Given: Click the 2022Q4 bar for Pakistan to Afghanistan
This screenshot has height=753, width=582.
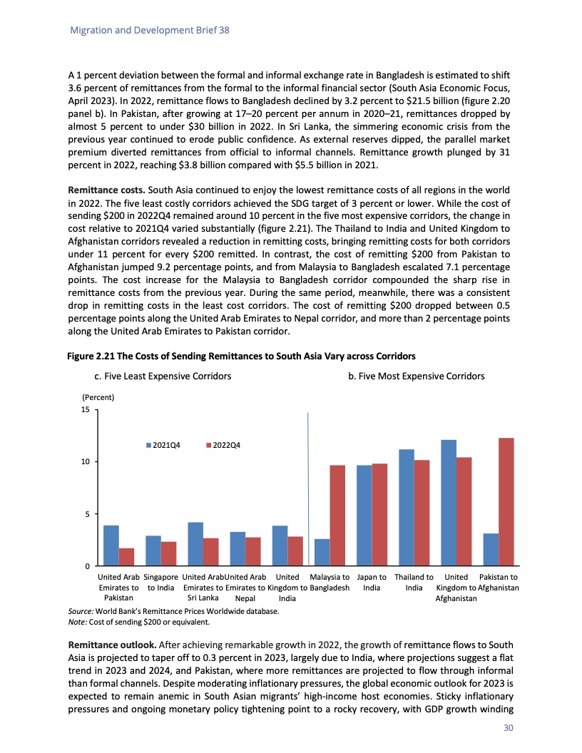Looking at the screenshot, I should [x=506, y=501].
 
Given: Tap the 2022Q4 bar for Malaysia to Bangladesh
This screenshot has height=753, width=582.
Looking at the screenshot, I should [x=337, y=515].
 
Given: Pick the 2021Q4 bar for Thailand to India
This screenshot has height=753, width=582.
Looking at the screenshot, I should [x=406, y=507].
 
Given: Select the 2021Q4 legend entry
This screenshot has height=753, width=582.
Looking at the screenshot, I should [x=163, y=446].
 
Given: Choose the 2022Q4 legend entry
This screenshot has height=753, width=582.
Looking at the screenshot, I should [x=224, y=446].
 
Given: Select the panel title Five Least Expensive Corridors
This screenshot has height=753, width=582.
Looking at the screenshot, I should [x=163, y=376].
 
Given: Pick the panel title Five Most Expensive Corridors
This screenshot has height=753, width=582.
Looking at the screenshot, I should [x=416, y=376].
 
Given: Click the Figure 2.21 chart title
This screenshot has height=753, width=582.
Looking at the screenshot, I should [x=242, y=355].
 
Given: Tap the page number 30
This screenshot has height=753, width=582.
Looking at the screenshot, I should [x=508, y=728].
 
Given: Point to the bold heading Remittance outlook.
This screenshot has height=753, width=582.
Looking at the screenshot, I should [x=108, y=645].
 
